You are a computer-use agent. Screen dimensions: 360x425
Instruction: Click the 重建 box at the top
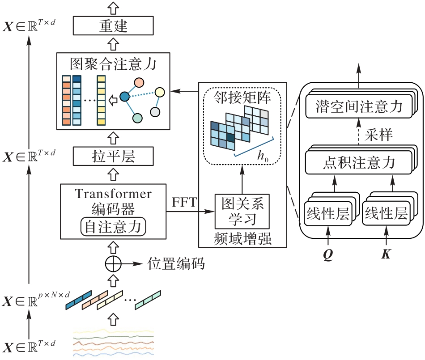tap(113, 26)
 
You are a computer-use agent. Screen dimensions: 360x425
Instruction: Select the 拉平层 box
tap(113, 157)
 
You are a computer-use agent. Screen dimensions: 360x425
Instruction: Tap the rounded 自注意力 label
tap(113, 227)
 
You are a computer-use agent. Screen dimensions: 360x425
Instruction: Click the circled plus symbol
tap(113, 264)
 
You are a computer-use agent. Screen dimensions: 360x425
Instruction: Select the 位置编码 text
tap(176, 264)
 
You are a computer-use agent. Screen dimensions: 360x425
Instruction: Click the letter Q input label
tap(328, 254)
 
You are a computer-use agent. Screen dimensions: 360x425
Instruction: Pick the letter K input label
tap(386, 254)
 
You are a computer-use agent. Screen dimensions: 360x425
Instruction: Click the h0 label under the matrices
tap(263, 156)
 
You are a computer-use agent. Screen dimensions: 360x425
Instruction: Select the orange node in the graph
tap(140, 82)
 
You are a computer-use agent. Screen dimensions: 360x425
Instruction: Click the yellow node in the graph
tap(160, 93)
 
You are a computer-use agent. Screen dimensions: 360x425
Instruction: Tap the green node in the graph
tap(138, 118)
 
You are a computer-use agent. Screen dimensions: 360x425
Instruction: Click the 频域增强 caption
tap(242, 239)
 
